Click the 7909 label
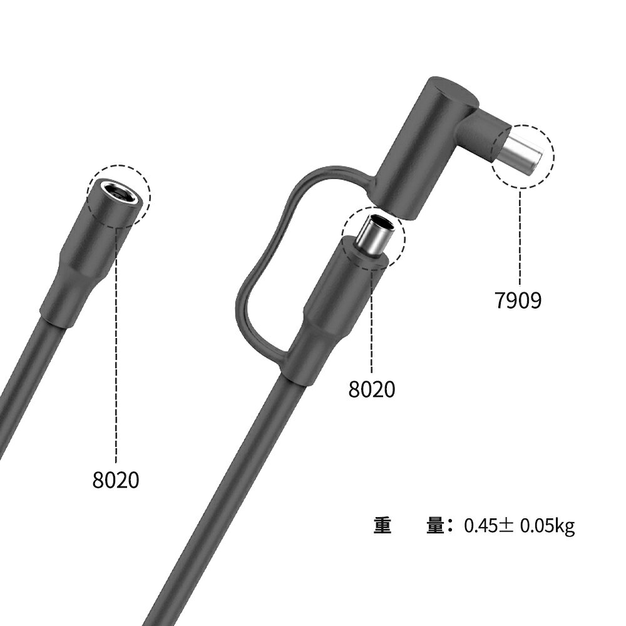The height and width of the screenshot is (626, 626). point(518,300)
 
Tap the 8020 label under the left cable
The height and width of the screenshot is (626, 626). point(116,480)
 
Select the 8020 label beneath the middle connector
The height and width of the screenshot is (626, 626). point(372,389)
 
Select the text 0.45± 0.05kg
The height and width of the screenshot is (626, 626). point(519,525)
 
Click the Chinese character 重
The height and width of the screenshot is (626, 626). point(382,525)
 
